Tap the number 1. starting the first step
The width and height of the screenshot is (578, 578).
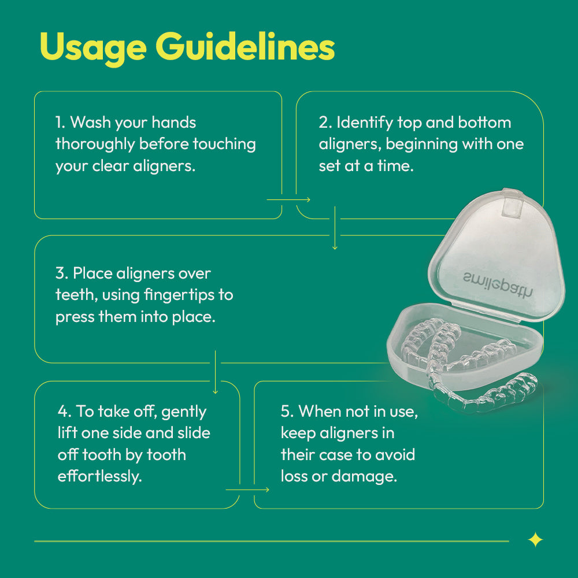point(61,123)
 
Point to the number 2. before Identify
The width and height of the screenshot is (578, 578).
point(325,123)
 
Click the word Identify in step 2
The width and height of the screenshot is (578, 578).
point(365,123)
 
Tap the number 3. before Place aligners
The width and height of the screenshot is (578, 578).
point(62,273)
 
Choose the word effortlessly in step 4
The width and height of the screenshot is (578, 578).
point(99,476)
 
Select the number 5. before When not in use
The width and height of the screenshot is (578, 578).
point(287,412)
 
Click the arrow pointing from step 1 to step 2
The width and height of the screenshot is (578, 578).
point(288,200)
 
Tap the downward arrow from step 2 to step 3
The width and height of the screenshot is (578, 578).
point(335,228)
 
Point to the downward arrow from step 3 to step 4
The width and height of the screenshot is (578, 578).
point(215,372)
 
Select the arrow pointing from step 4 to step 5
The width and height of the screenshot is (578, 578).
point(247,490)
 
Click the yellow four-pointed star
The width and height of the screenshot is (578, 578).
point(535,540)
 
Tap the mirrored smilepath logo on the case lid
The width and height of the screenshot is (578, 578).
point(498,283)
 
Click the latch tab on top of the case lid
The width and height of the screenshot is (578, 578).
point(512,203)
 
